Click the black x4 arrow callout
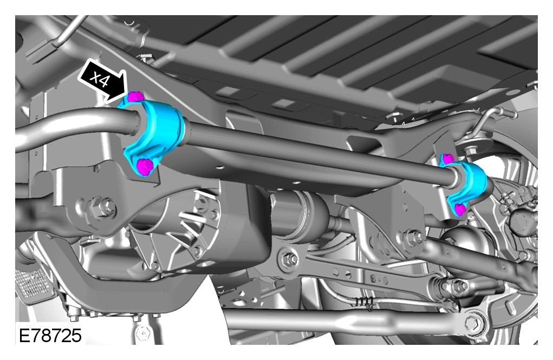[x=102, y=81]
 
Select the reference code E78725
[x=50, y=335]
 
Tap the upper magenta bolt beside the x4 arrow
[x=135, y=96]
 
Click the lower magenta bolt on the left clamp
[x=145, y=166]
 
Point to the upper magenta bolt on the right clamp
[x=448, y=159]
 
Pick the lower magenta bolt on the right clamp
[x=460, y=210]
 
